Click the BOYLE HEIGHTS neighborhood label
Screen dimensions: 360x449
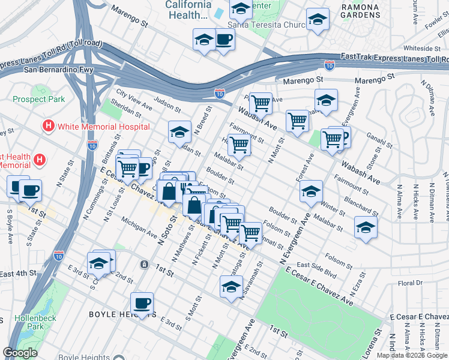point(122,314)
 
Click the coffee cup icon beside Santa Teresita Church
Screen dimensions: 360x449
point(224,40)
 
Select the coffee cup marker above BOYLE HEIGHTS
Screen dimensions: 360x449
point(142,303)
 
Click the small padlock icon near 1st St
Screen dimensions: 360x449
point(144,264)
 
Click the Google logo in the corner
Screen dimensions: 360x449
point(20,353)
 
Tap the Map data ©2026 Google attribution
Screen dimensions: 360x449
point(412,355)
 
